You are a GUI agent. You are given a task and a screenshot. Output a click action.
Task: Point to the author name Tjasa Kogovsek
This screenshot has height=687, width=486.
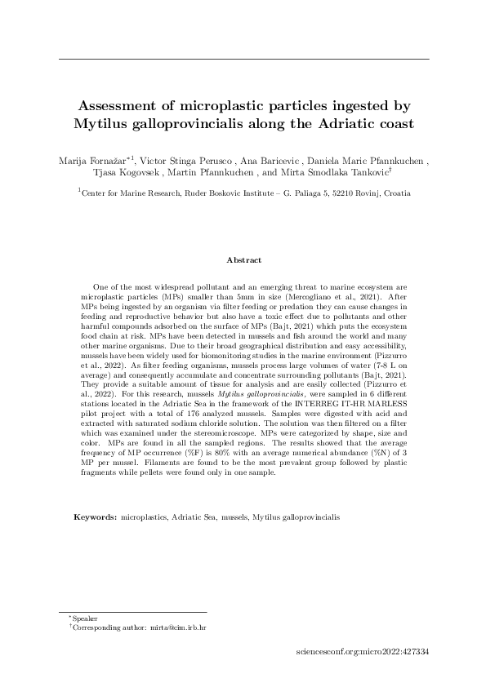(x=132, y=173)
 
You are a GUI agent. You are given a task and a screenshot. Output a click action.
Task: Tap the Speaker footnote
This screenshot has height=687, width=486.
(x=84, y=620)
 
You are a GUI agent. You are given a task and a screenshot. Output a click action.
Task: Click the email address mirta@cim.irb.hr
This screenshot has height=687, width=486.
(x=176, y=629)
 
